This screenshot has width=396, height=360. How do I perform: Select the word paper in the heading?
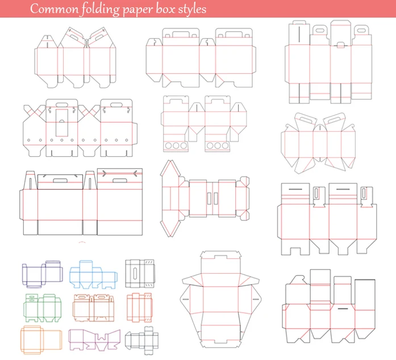[x=136, y=10]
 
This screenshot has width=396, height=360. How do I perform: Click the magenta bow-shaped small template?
[x=94, y=340]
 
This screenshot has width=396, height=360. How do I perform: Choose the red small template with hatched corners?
[x=140, y=307]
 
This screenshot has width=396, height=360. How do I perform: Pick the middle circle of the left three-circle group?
[x=176, y=146]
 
